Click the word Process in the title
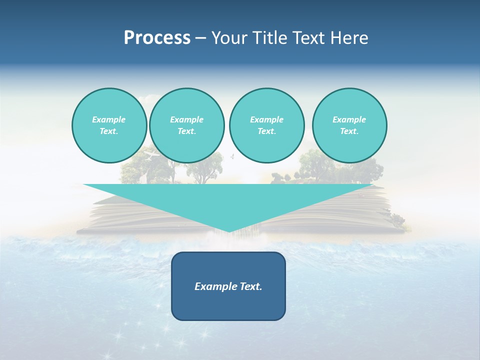(157, 38)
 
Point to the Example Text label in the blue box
(228, 286)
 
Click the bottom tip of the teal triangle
(228, 231)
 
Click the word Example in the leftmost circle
(109, 119)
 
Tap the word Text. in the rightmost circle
(349, 131)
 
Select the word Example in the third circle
(266, 119)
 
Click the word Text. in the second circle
(186, 131)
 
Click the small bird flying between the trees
(231, 157)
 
